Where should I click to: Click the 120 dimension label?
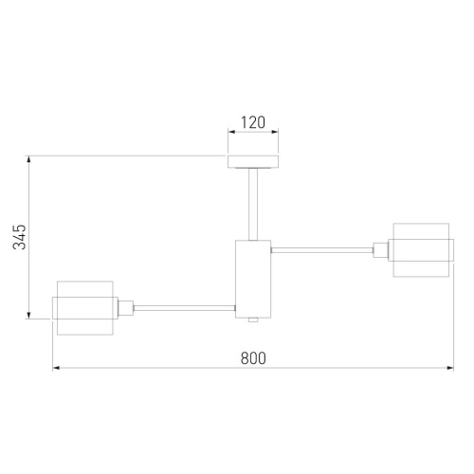(252, 123)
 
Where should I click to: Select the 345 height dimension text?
(19, 237)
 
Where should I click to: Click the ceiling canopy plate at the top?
(252, 160)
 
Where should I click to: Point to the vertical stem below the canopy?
(252, 203)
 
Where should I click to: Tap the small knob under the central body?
(252, 320)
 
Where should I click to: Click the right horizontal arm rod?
(322, 250)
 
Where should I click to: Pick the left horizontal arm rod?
(185, 307)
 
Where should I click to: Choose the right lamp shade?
(419, 250)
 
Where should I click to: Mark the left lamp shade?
(84, 307)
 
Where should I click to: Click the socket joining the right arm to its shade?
(381, 250)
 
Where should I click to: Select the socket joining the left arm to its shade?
(125, 307)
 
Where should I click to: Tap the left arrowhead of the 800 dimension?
(56, 369)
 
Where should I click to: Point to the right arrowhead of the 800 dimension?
(448, 369)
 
